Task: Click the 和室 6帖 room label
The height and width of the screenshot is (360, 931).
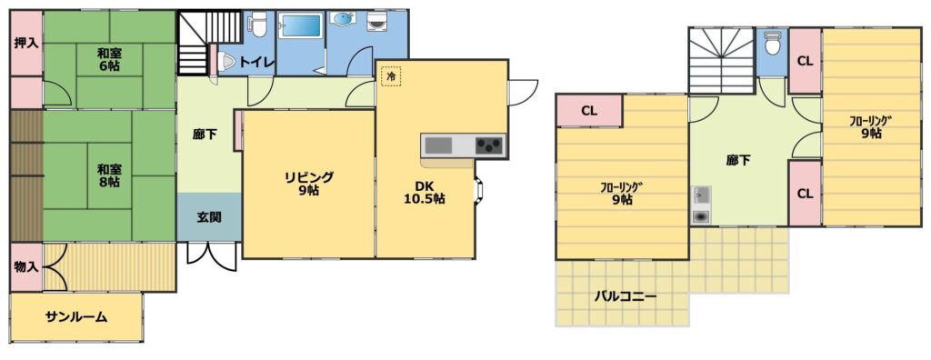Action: [x=109, y=59]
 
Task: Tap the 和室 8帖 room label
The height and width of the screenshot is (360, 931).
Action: [x=109, y=175]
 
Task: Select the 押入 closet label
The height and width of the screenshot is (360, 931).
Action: [x=26, y=44]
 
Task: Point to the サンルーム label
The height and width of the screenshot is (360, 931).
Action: [x=76, y=316]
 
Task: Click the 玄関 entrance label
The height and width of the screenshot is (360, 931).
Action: [x=209, y=217]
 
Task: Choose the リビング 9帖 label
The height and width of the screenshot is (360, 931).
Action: [x=309, y=184]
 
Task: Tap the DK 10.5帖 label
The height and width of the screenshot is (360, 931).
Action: [x=425, y=192]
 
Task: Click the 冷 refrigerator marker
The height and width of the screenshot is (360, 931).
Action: [x=391, y=76]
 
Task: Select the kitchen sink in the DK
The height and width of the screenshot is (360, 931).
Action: [x=438, y=145]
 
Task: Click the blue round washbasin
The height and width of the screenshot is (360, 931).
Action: [x=343, y=20]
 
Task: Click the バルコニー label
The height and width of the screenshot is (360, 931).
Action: [x=626, y=296]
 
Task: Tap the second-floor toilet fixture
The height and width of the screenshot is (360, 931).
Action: [x=773, y=43]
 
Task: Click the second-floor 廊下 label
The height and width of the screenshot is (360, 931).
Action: [x=738, y=160]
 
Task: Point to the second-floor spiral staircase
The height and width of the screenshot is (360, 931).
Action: [x=721, y=61]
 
